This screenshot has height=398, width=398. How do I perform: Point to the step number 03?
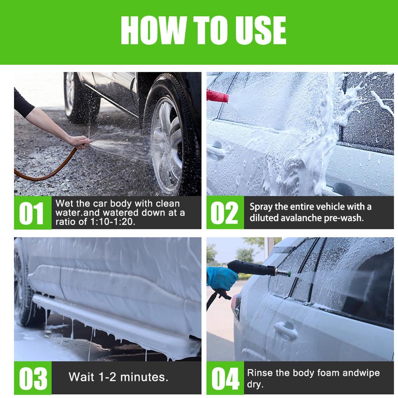(x=33, y=378)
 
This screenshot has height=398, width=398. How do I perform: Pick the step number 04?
(x=225, y=378)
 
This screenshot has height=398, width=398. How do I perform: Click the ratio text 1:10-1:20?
(x=112, y=222)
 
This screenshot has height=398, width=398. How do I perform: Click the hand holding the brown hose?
(x=82, y=142)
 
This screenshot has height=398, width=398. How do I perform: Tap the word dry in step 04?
(x=255, y=384)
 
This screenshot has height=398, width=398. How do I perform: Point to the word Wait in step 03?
(x=81, y=377)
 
